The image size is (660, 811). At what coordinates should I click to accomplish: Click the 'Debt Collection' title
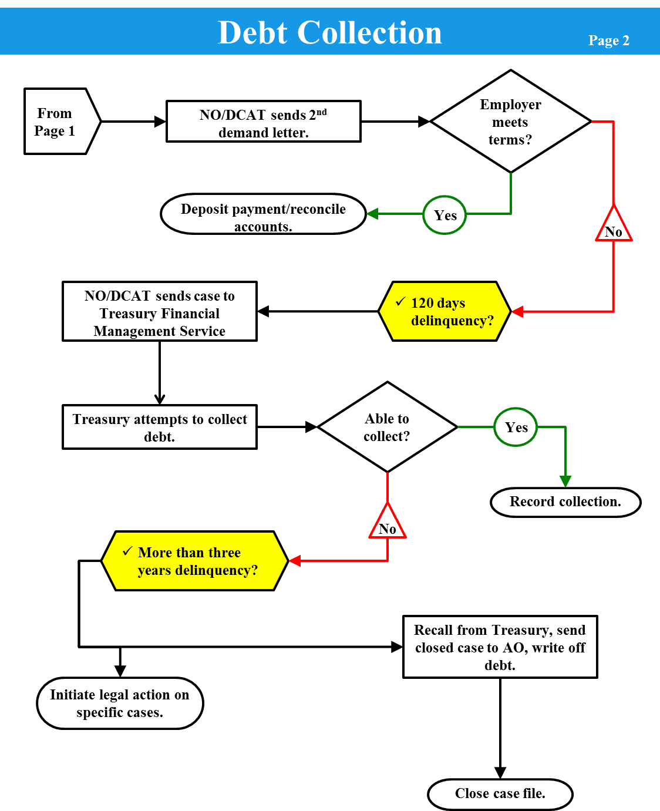329,33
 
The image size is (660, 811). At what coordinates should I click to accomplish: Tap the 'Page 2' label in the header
608,41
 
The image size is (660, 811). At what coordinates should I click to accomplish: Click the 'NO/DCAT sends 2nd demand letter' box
263,122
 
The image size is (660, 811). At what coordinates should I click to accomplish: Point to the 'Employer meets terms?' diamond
510,122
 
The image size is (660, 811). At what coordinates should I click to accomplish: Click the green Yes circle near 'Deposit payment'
445,215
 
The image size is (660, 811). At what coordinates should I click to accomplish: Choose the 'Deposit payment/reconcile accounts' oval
263,214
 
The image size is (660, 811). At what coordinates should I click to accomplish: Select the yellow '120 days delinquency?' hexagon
445,311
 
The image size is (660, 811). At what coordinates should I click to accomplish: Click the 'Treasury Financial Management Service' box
160,311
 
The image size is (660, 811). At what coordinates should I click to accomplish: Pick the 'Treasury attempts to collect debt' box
160,427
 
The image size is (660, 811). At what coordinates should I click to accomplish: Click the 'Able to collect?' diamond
387,427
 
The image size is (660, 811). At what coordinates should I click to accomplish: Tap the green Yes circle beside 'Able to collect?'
516,427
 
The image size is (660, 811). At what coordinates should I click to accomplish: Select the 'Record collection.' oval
565,502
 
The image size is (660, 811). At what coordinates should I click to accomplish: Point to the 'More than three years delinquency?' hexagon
195,561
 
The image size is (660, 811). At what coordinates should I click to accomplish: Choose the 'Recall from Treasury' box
500,647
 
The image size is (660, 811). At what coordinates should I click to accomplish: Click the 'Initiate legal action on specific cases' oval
120,703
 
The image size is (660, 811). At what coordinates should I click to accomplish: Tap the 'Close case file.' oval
500,794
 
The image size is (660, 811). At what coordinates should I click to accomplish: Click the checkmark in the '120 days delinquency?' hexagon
400,302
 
